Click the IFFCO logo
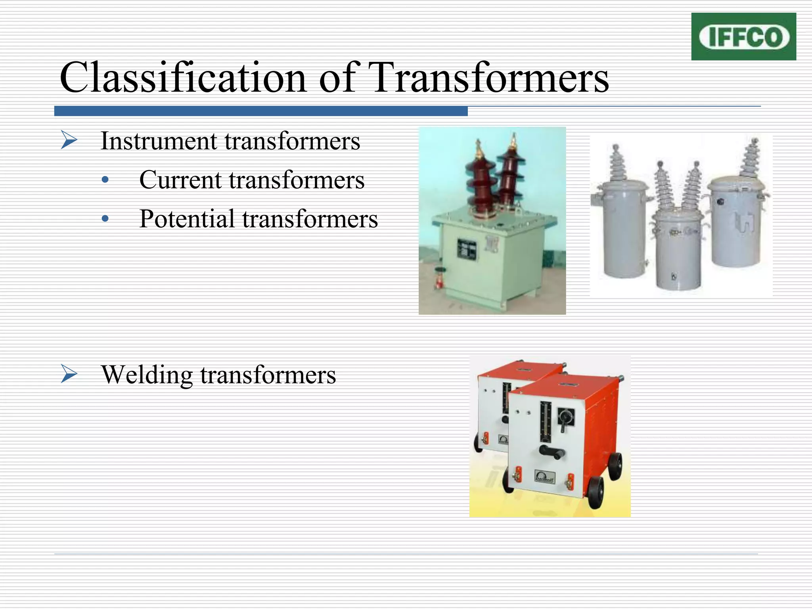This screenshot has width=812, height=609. [x=743, y=36]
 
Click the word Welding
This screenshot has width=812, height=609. [x=147, y=374]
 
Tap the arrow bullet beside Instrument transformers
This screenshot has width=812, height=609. [x=69, y=140]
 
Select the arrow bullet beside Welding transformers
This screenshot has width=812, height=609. [x=69, y=374]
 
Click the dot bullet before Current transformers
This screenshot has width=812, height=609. [x=105, y=180]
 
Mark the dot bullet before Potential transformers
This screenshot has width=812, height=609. [x=105, y=219]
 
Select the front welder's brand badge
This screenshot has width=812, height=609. [x=544, y=476]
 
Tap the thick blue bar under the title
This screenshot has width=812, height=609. [x=261, y=111]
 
